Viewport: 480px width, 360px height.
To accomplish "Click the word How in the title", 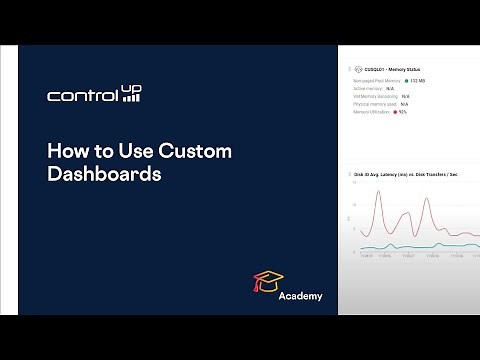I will [68, 152].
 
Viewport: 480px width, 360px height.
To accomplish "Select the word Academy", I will [300, 297].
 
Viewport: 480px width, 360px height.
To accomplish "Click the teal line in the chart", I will [420, 245].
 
